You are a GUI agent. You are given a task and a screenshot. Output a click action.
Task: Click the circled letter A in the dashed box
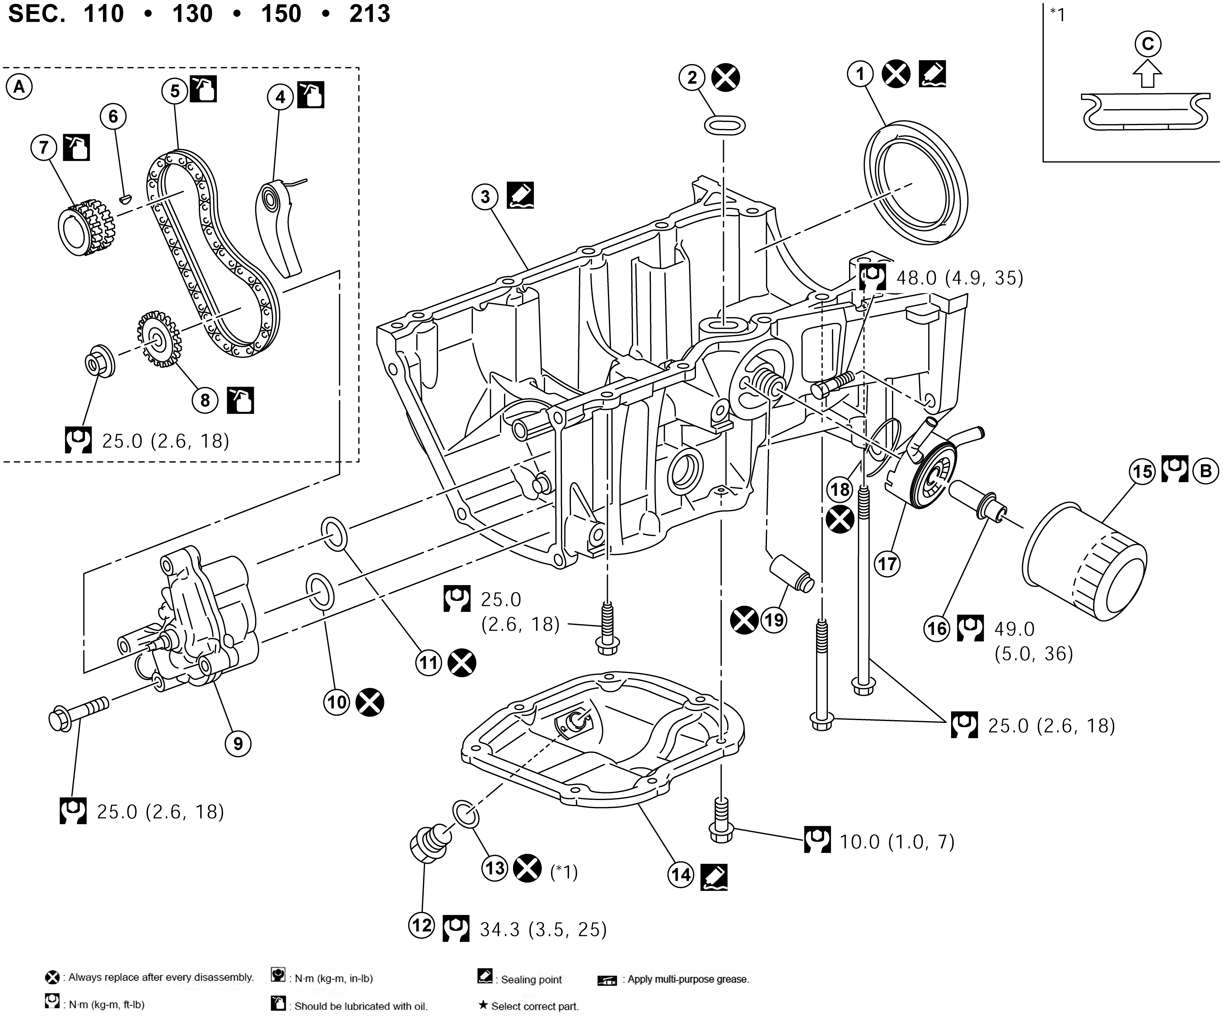click(19, 87)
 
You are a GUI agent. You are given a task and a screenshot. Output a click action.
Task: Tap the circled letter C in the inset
click(1147, 44)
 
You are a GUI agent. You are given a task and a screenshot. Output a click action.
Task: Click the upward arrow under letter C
click(1147, 75)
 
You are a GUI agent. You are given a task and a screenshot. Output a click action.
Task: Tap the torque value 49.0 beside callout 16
click(1015, 629)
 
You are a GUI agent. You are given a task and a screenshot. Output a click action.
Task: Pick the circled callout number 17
click(887, 564)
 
